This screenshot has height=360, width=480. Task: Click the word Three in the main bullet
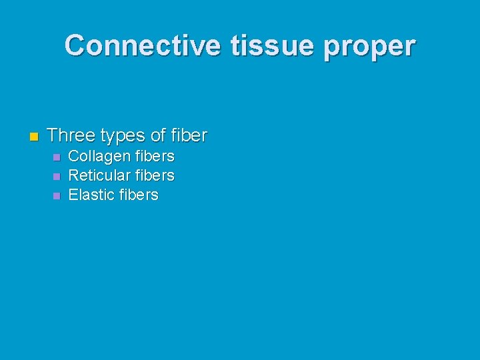[x=71, y=136]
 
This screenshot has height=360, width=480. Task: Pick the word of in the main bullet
[x=158, y=136]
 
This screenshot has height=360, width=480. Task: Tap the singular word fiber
[x=189, y=136]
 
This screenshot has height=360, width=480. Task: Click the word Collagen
[x=99, y=157]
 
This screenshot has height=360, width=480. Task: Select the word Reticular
[x=99, y=176]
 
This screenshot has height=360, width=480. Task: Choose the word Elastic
[x=91, y=195]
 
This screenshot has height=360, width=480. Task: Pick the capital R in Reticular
[x=73, y=176]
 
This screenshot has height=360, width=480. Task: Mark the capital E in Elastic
[x=73, y=195]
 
